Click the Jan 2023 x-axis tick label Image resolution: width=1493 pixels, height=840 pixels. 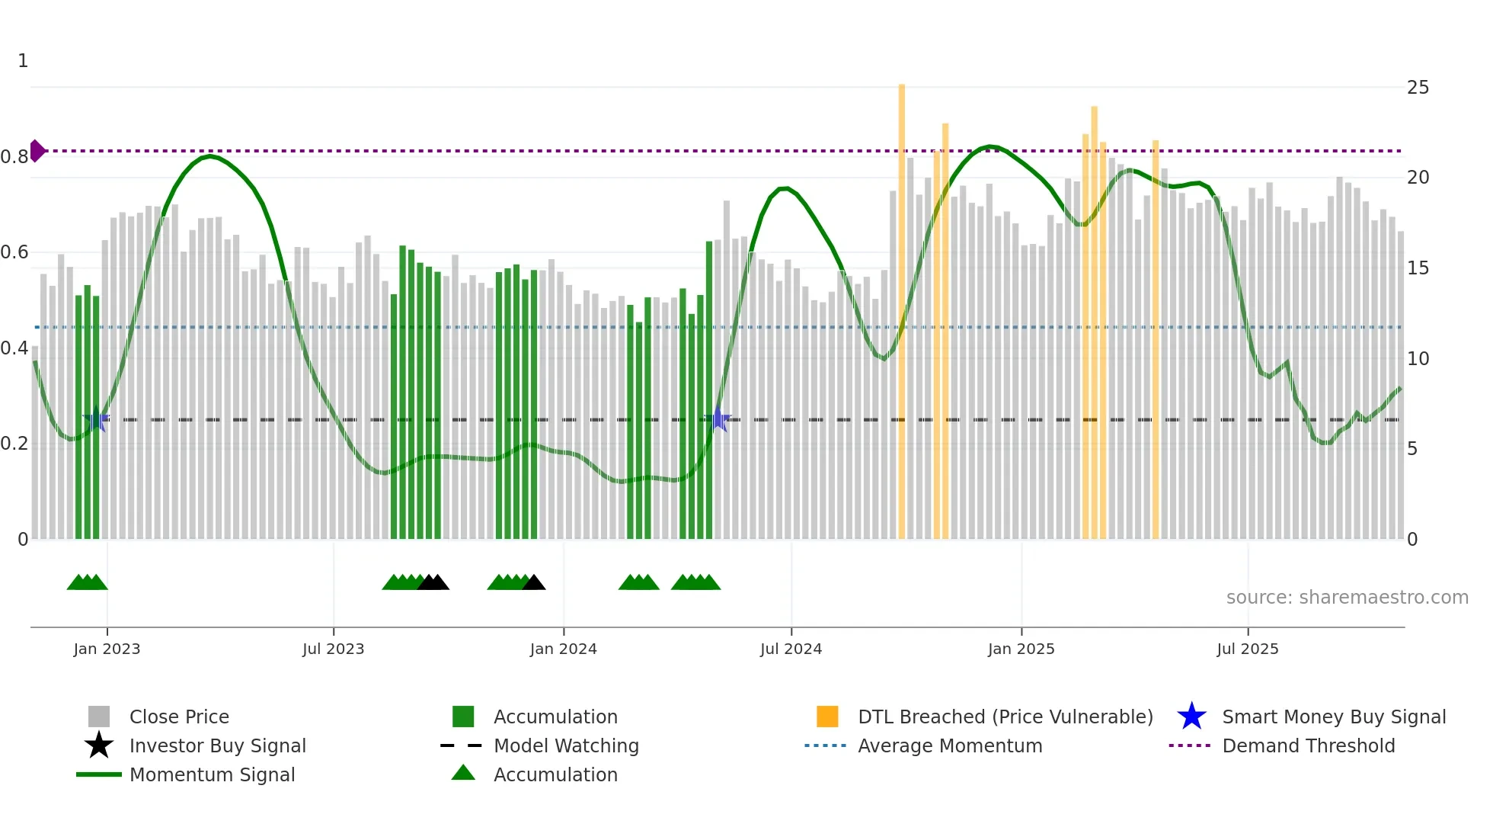tap(107, 649)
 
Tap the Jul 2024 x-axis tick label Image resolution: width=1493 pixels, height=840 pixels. tap(791, 649)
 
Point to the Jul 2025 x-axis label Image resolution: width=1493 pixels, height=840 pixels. tap(1247, 649)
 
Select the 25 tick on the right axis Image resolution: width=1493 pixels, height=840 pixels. tap(1418, 88)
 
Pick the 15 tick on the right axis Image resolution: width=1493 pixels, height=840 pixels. tap(1418, 268)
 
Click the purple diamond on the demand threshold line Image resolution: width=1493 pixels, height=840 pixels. tap(37, 151)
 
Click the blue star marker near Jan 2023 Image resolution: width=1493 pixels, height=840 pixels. tap(97, 420)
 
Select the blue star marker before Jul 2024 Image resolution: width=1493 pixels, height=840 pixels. tap(718, 419)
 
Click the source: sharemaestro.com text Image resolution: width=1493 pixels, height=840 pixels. tap(1347, 598)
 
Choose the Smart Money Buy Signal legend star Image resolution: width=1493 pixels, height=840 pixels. tap(1191, 717)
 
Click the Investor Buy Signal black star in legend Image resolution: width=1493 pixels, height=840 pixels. tap(99, 745)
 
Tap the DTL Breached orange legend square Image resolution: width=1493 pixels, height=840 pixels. tap(827, 717)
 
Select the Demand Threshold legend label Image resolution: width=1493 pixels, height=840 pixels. tap(1308, 745)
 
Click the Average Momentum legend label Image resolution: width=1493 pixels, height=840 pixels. tap(949, 745)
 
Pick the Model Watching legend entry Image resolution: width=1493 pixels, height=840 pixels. tap(565, 745)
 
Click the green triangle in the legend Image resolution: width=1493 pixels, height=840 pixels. tap(463, 774)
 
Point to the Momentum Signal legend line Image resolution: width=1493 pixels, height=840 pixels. tap(99, 774)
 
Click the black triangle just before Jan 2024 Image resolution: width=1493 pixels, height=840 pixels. tap(534, 583)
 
